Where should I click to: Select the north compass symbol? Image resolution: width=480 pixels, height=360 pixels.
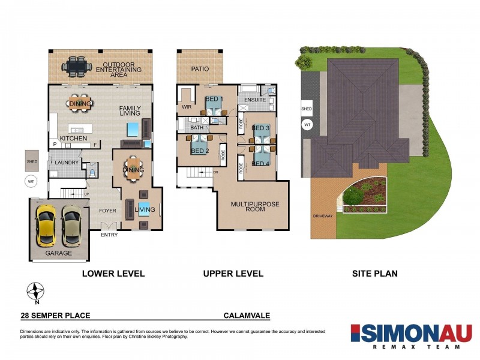tap(36, 292)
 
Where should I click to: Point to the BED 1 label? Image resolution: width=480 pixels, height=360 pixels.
tap(214, 99)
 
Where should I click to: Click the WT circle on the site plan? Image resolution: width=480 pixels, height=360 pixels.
tap(307, 125)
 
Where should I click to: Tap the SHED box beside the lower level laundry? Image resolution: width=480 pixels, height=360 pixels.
tap(32, 161)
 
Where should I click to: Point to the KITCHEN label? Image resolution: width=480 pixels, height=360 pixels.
tap(74, 138)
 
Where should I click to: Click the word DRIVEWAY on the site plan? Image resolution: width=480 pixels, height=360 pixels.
tap(322, 215)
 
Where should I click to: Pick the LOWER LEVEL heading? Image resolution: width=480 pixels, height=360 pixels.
tap(113, 274)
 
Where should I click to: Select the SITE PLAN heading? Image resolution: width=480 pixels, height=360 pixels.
tap(374, 274)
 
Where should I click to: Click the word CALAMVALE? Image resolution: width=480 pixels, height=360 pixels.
tap(246, 314)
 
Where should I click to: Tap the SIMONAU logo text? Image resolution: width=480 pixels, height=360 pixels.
tap(411, 333)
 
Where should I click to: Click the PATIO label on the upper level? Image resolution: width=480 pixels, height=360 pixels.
tap(200, 69)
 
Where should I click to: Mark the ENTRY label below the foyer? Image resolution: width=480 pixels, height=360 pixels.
tap(109, 235)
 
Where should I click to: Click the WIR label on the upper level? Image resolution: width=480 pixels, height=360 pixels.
tap(187, 108)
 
